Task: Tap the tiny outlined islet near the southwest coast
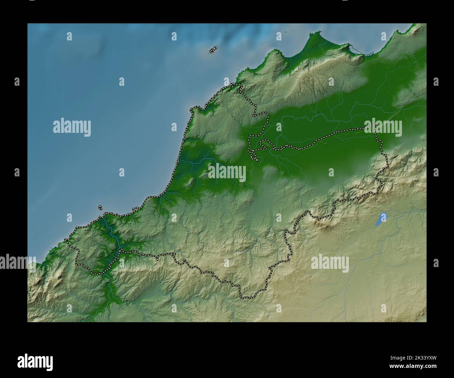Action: point(100,208)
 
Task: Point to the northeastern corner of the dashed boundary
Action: point(376,124)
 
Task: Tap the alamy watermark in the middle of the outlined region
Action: point(227,172)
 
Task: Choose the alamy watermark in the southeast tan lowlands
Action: point(330,263)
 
